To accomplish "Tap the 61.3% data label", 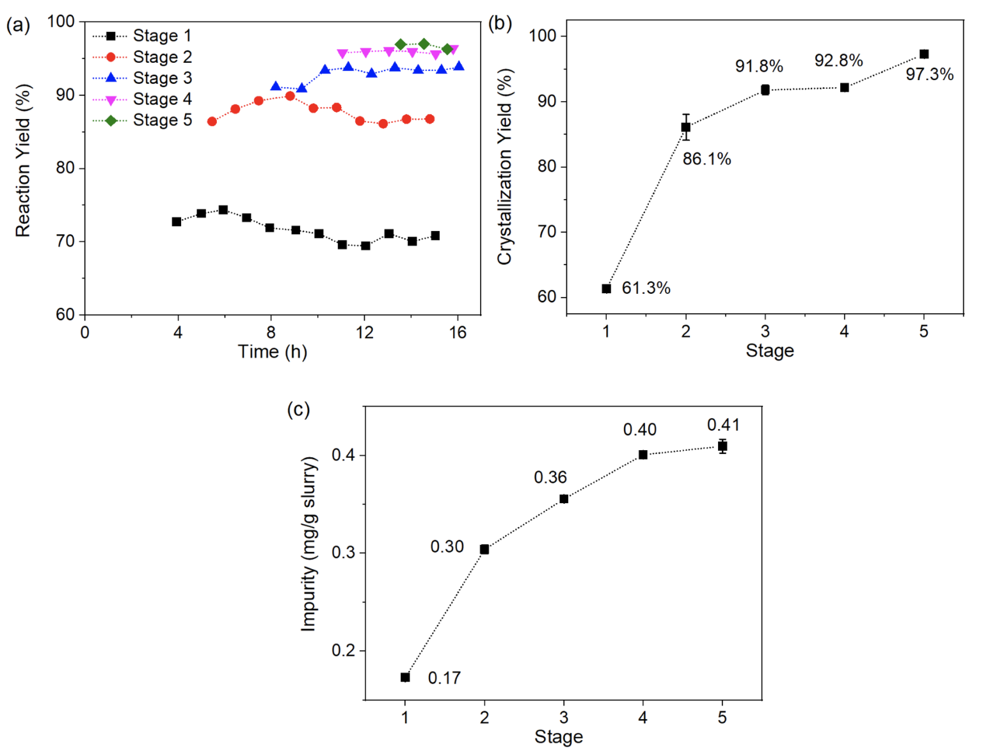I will point(646,289).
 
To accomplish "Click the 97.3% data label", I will point(929,75).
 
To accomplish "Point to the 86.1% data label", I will point(707,159).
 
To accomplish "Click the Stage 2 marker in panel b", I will point(685,127).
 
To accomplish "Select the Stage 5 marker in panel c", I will point(722,446).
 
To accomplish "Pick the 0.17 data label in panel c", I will point(444,678).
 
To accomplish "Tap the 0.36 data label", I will point(550,478).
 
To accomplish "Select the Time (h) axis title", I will point(273,351).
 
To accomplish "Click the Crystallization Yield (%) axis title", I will point(505,166).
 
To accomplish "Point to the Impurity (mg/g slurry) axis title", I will point(309,544).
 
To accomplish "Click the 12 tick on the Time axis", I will point(364,332).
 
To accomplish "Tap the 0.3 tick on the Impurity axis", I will point(344,553).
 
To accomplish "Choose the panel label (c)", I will point(298,409).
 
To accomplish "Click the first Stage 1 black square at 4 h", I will point(177,222).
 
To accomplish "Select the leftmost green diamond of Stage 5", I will point(401,45).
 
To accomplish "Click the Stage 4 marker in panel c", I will point(643,455).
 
